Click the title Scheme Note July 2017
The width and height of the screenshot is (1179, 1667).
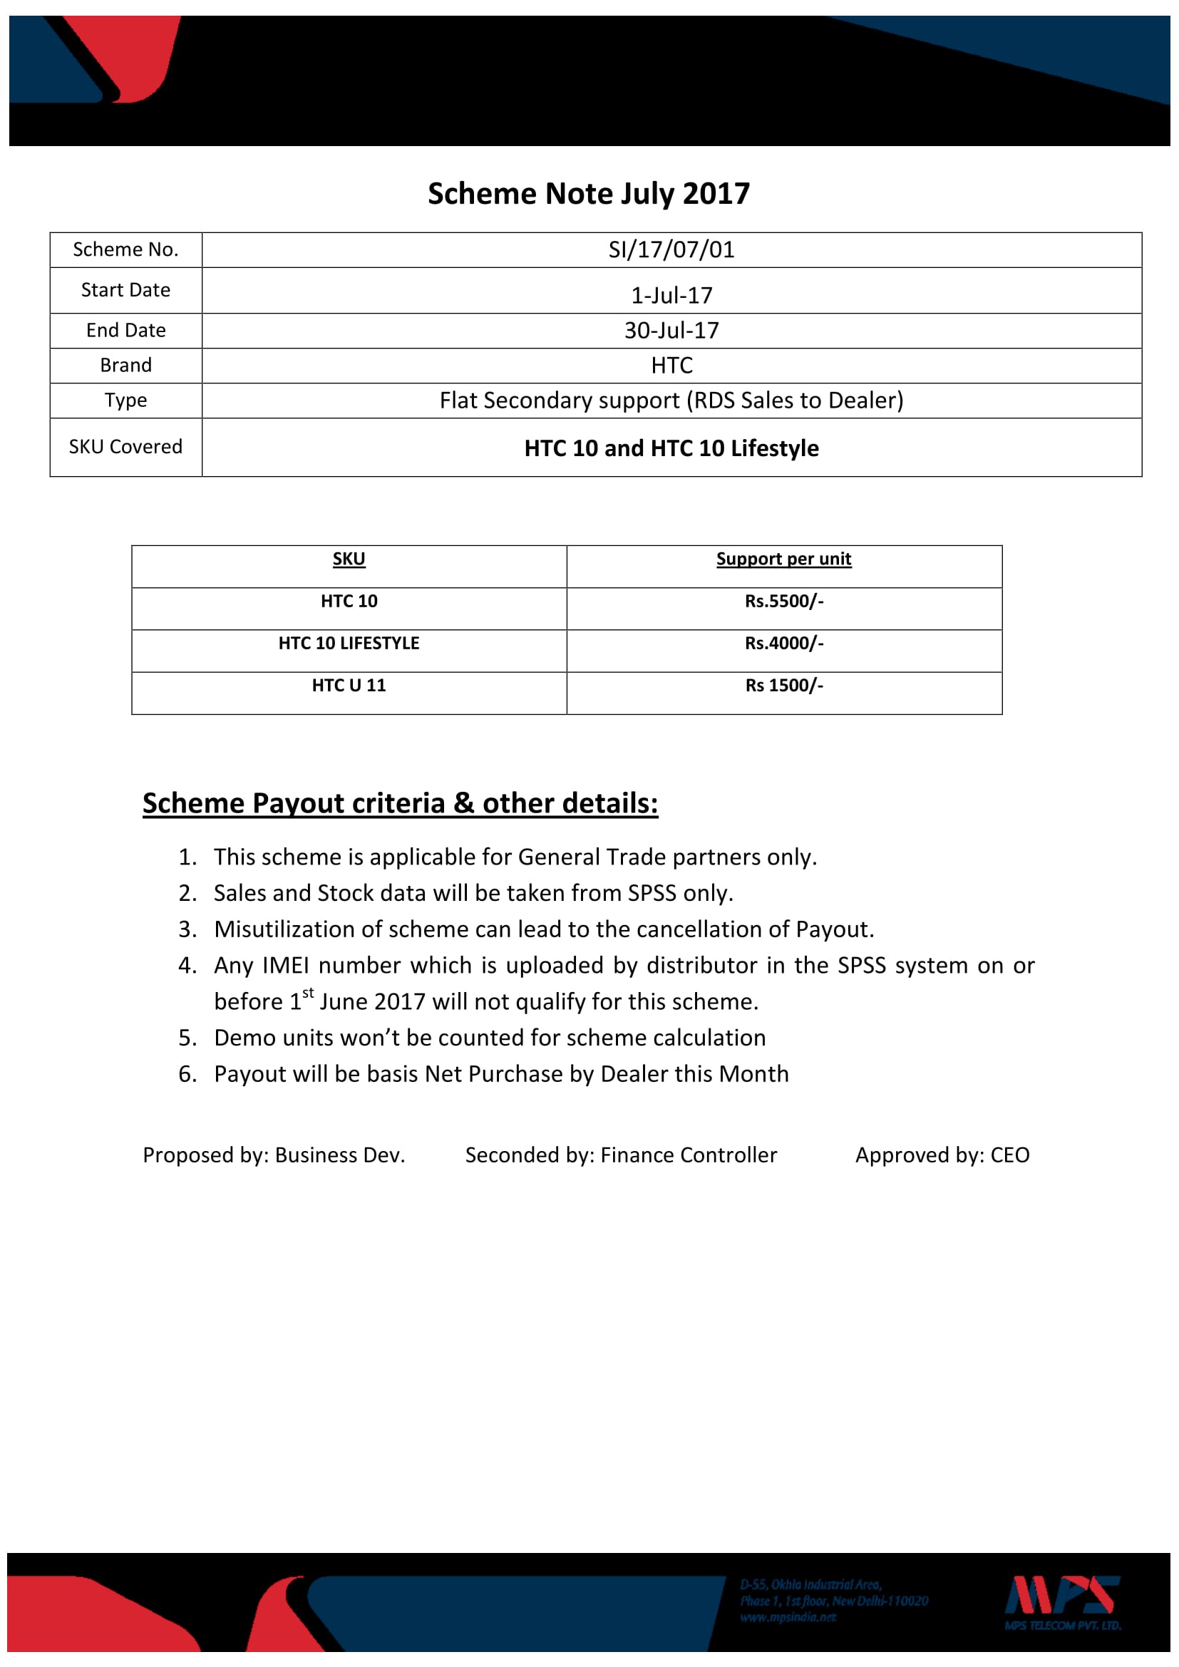click(588, 194)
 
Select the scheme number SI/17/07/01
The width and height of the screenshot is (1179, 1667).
click(671, 249)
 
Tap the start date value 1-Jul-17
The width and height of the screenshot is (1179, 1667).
click(671, 296)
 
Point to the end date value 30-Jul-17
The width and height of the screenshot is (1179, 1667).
click(671, 331)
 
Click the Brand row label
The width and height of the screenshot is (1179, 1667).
click(125, 365)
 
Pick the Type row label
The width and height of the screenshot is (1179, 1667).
click(125, 400)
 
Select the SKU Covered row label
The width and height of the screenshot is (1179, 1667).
click(125, 447)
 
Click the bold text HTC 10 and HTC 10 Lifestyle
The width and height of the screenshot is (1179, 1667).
click(671, 448)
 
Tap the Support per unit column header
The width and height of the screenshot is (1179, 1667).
click(783, 559)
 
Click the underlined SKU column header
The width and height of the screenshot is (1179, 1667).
click(349, 559)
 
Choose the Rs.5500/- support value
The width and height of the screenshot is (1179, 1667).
click(783, 602)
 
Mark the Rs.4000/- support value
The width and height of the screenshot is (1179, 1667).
click(783, 644)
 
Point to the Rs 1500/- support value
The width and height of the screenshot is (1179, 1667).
click(783, 686)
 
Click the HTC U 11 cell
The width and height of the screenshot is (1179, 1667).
click(349, 686)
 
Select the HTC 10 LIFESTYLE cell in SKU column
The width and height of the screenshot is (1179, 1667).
click(349, 644)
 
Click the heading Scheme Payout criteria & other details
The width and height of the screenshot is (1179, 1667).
click(400, 803)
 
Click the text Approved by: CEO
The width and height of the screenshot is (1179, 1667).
click(942, 1155)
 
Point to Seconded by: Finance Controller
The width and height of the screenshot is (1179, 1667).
click(621, 1155)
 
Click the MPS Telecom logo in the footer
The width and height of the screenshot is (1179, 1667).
click(1062, 1601)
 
